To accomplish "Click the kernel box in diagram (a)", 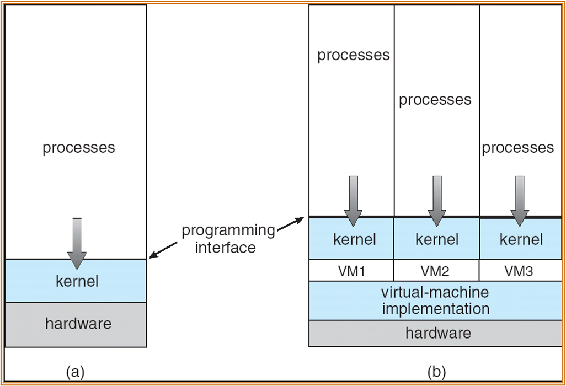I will point(76,281).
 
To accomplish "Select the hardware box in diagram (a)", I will point(76,324).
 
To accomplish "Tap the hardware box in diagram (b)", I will point(437,333).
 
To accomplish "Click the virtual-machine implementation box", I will point(435,300).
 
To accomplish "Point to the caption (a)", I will point(75,372).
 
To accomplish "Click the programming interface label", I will point(228,238).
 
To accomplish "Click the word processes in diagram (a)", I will point(78,148).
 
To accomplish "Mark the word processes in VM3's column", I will point(517,147).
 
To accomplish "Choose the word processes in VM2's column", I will point(435,100).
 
